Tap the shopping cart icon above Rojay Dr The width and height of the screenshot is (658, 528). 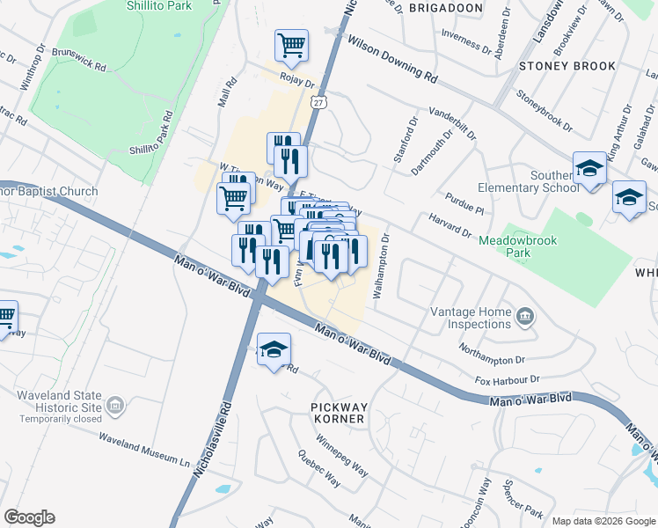(x=291, y=45)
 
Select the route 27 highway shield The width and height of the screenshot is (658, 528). (x=318, y=103)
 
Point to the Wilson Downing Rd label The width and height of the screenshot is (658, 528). (x=392, y=60)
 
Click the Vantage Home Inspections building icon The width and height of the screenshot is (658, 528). (x=526, y=316)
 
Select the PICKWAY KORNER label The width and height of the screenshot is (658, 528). (x=338, y=413)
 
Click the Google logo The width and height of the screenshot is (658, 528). (x=29, y=517)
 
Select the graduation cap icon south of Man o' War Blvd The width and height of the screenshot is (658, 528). (x=274, y=350)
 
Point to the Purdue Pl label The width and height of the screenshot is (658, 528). (x=464, y=204)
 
